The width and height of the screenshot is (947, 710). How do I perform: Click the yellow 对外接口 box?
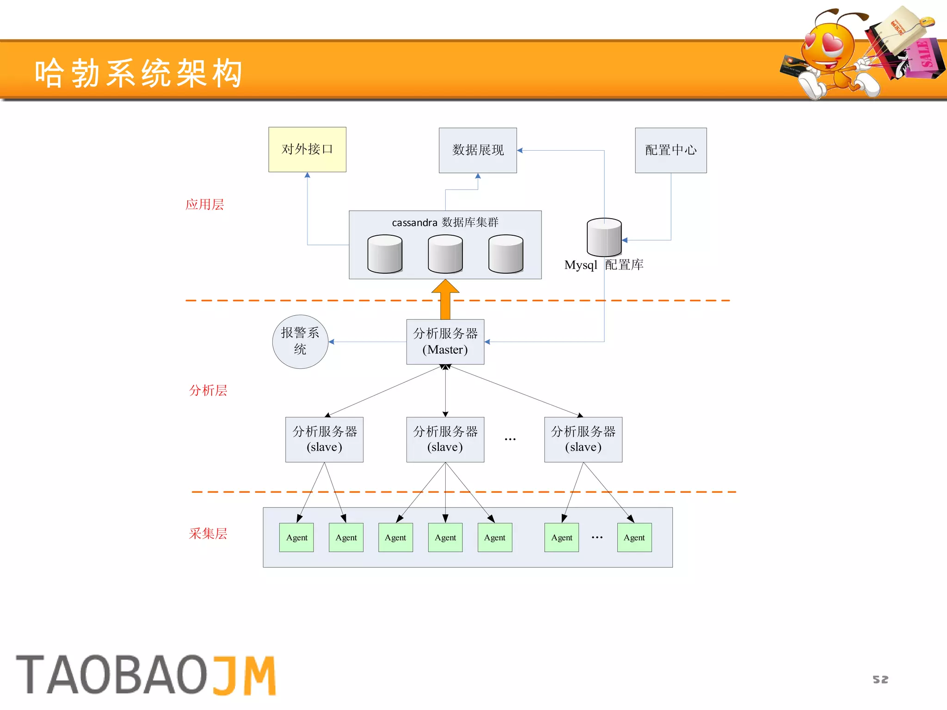[x=307, y=149]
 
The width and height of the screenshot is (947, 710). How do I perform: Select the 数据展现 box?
[x=478, y=150]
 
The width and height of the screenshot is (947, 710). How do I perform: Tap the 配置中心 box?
[x=670, y=150]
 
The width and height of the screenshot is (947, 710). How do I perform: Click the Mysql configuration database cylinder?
[x=604, y=237]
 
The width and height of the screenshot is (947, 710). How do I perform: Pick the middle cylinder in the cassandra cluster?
[x=445, y=254]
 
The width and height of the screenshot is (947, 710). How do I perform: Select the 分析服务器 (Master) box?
[x=445, y=342]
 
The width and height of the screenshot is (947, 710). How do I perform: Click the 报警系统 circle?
[x=300, y=342]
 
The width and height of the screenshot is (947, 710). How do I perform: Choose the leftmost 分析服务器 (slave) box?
[x=324, y=439]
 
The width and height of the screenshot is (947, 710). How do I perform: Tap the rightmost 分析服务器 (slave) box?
[x=583, y=439]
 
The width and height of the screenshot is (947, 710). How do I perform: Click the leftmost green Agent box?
[x=296, y=537]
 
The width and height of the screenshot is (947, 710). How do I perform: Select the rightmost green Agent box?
[x=634, y=537]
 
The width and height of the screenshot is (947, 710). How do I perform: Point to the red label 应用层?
[x=204, y=204]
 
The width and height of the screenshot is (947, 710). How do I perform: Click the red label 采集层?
[x=208, y=533]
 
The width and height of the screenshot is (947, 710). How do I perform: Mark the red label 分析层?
[x=208, y=390]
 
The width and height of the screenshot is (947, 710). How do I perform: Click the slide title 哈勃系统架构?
[x=139, y=73]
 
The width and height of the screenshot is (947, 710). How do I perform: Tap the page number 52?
[x=880, y=679]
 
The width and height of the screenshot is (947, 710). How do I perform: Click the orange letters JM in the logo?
[x=244, y=675]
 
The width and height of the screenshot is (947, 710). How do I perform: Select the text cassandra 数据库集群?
[x=445, y=222]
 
